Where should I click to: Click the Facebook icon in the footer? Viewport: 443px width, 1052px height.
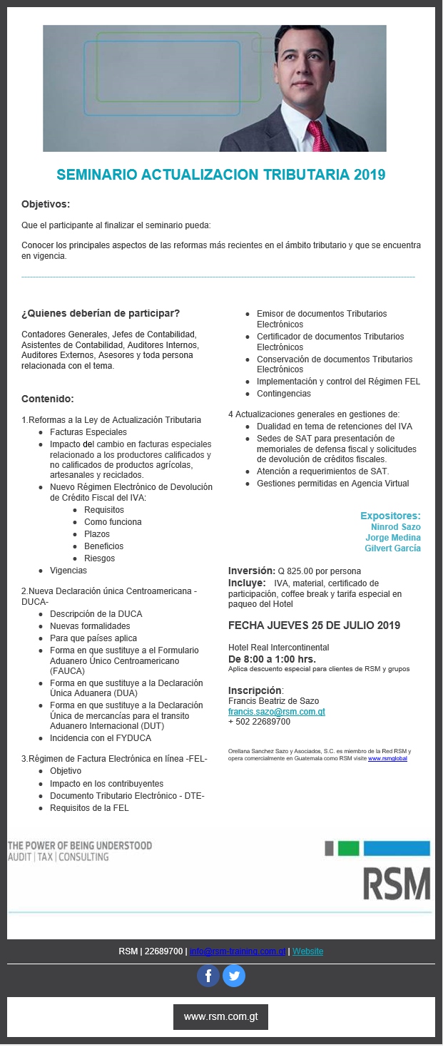(x=208, y=975)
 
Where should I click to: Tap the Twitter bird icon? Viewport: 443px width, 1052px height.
(x=234, y=975)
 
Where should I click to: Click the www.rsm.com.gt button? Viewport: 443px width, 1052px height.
(x=220, y=1016)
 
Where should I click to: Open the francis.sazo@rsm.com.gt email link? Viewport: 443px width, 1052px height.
(x=276, y=711)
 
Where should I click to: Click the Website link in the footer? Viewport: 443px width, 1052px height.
(x=307, y=951)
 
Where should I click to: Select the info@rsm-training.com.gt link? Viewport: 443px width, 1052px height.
(x=238, y=951)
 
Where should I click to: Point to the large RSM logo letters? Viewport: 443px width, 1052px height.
(x=396, y=884)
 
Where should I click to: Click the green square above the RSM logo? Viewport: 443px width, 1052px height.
(x=348, y=848)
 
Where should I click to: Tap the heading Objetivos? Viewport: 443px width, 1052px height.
(x=46, y=204)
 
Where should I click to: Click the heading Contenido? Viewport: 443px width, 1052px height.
(x=48, y=399)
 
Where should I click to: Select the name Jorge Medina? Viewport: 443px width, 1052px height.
(x=393, y=538)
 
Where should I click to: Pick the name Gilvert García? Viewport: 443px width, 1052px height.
(x=392, y=548)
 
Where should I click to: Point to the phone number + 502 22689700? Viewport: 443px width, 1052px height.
(x=259, y=722)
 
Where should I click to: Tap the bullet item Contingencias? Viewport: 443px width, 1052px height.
(x=283, y=394)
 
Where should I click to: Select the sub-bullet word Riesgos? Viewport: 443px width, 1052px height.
(x=99, y=558)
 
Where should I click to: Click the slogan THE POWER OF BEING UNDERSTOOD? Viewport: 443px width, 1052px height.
(x=80, y=846)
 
